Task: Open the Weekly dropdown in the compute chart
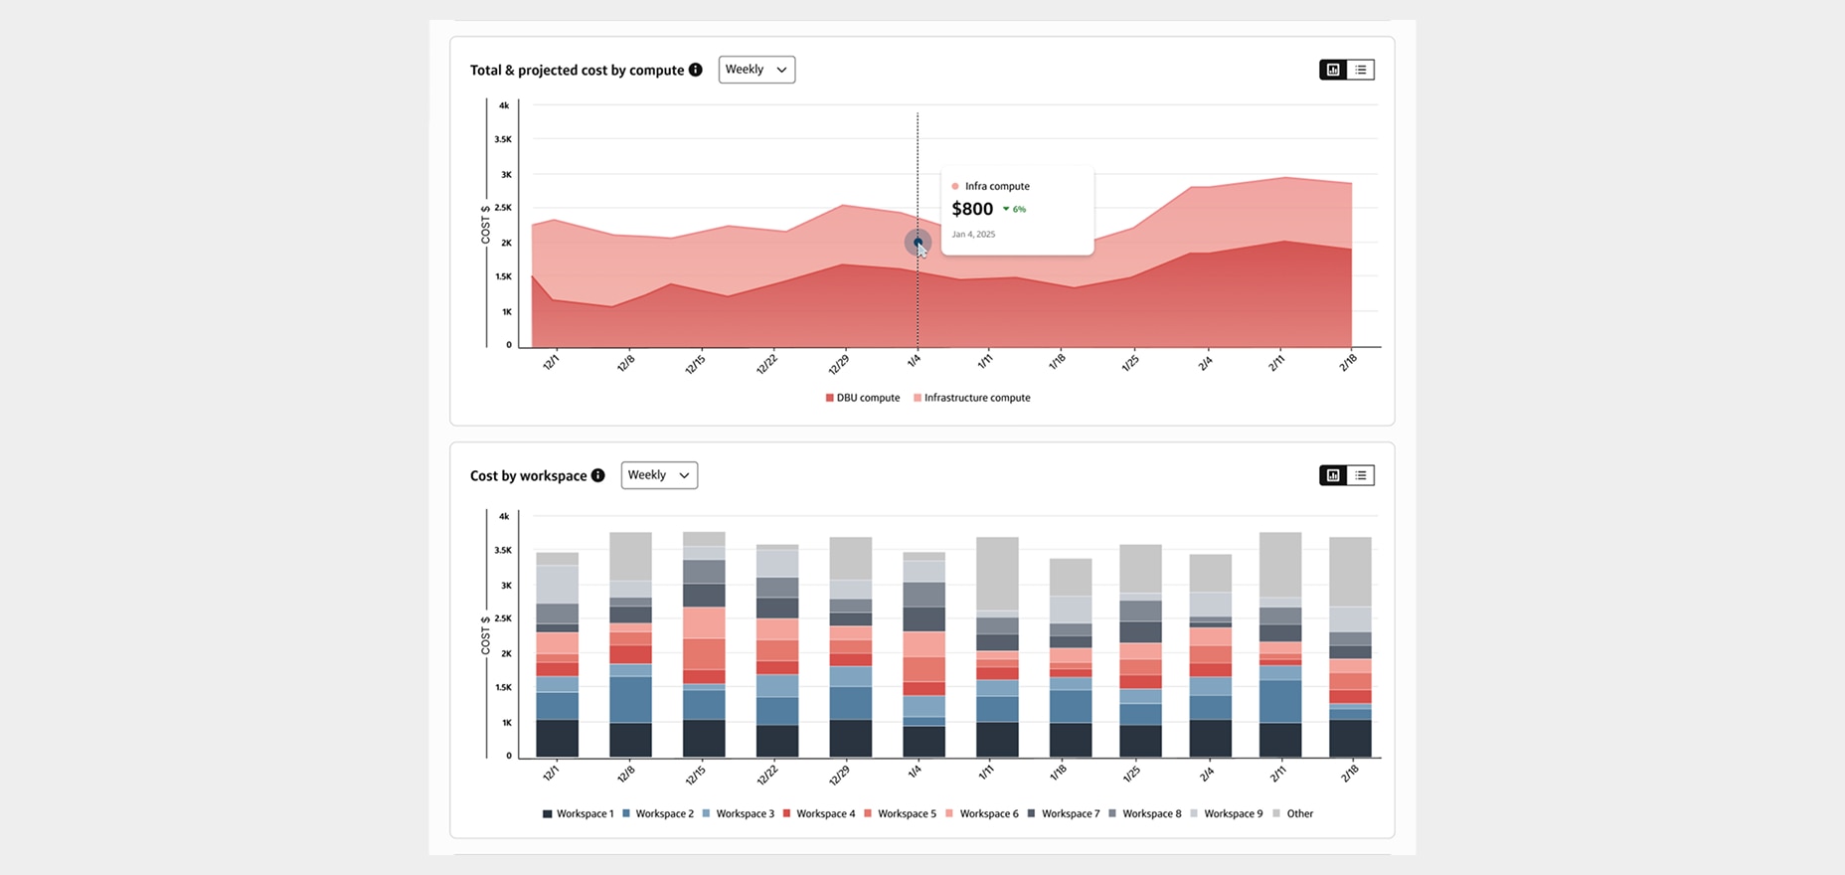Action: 755,70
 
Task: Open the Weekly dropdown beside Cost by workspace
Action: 658,475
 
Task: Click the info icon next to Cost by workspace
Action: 598,475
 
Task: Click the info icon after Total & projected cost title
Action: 696,70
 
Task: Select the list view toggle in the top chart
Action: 1361,70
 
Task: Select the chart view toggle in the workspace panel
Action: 1333,475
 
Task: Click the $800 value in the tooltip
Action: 972,209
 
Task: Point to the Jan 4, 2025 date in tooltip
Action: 973,235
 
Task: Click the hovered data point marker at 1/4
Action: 918,242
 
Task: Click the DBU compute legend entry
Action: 863,398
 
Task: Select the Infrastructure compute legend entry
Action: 972,398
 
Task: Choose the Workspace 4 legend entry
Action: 819,813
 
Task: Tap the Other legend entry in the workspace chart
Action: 1293,813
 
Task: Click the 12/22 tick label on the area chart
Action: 765,364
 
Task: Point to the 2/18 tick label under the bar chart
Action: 1348,773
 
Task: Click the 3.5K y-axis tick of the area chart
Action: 503,139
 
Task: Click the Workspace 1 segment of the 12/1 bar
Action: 557,738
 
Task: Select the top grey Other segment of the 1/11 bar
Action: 997,574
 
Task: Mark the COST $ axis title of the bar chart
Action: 486,634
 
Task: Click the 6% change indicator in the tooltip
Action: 1015,210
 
